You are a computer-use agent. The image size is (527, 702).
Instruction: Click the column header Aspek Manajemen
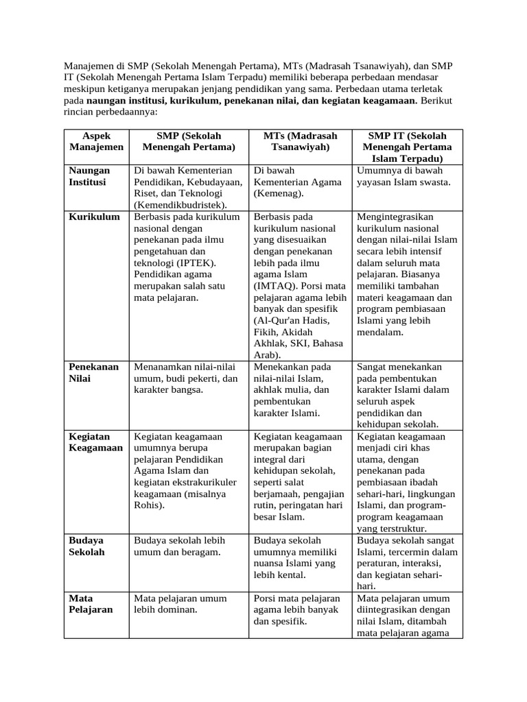96,141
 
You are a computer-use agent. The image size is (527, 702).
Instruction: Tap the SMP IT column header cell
407,147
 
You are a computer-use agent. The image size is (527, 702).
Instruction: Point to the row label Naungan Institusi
88,176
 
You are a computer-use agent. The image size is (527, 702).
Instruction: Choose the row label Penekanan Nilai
93,372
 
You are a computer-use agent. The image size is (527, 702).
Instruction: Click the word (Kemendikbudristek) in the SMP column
180,204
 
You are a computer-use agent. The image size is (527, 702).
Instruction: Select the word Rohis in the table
150,506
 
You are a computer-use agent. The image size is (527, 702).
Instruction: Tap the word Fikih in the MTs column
268,333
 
